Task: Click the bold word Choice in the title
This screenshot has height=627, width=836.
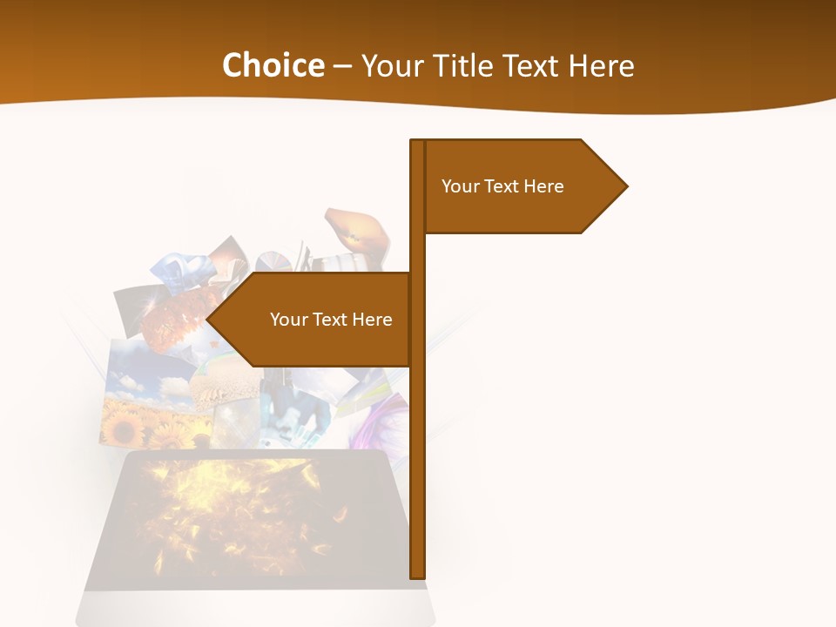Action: coord(273,66)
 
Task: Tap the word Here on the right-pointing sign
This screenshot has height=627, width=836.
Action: coord(543,186)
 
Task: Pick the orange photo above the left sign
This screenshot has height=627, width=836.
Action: coord(357,231)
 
